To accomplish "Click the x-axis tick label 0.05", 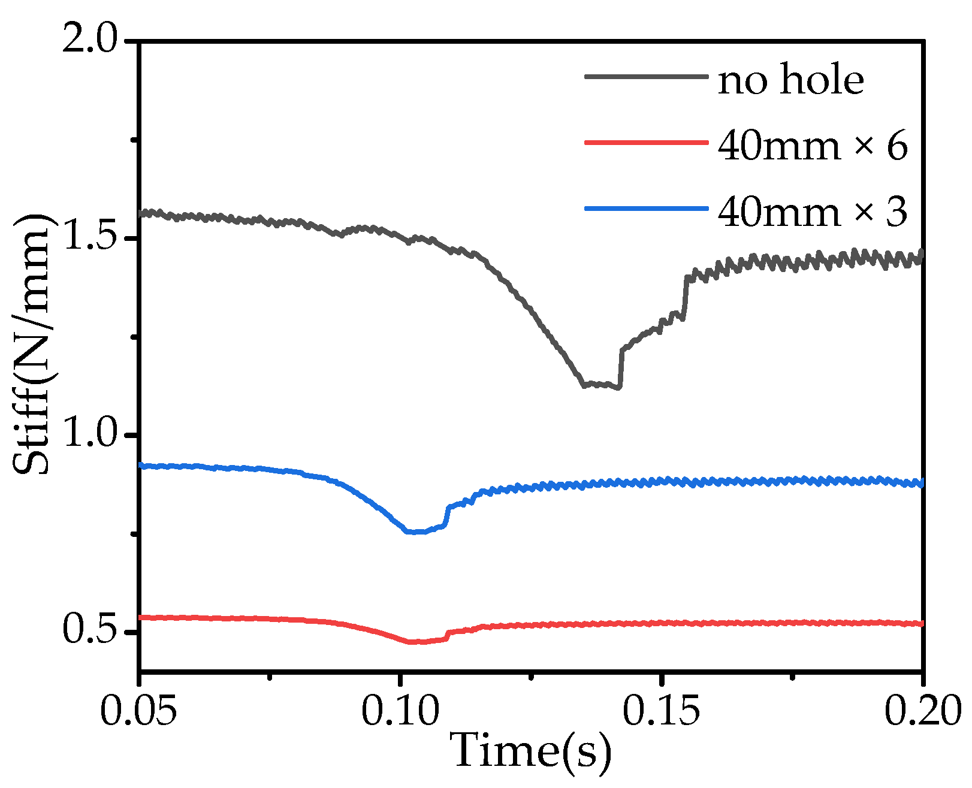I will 138,711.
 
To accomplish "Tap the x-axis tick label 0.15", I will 661,711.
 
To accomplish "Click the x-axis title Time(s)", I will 532,751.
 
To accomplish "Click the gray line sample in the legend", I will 646,76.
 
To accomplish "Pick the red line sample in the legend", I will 646,142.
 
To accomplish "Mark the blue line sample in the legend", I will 646,208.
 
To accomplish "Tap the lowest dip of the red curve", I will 416,642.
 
